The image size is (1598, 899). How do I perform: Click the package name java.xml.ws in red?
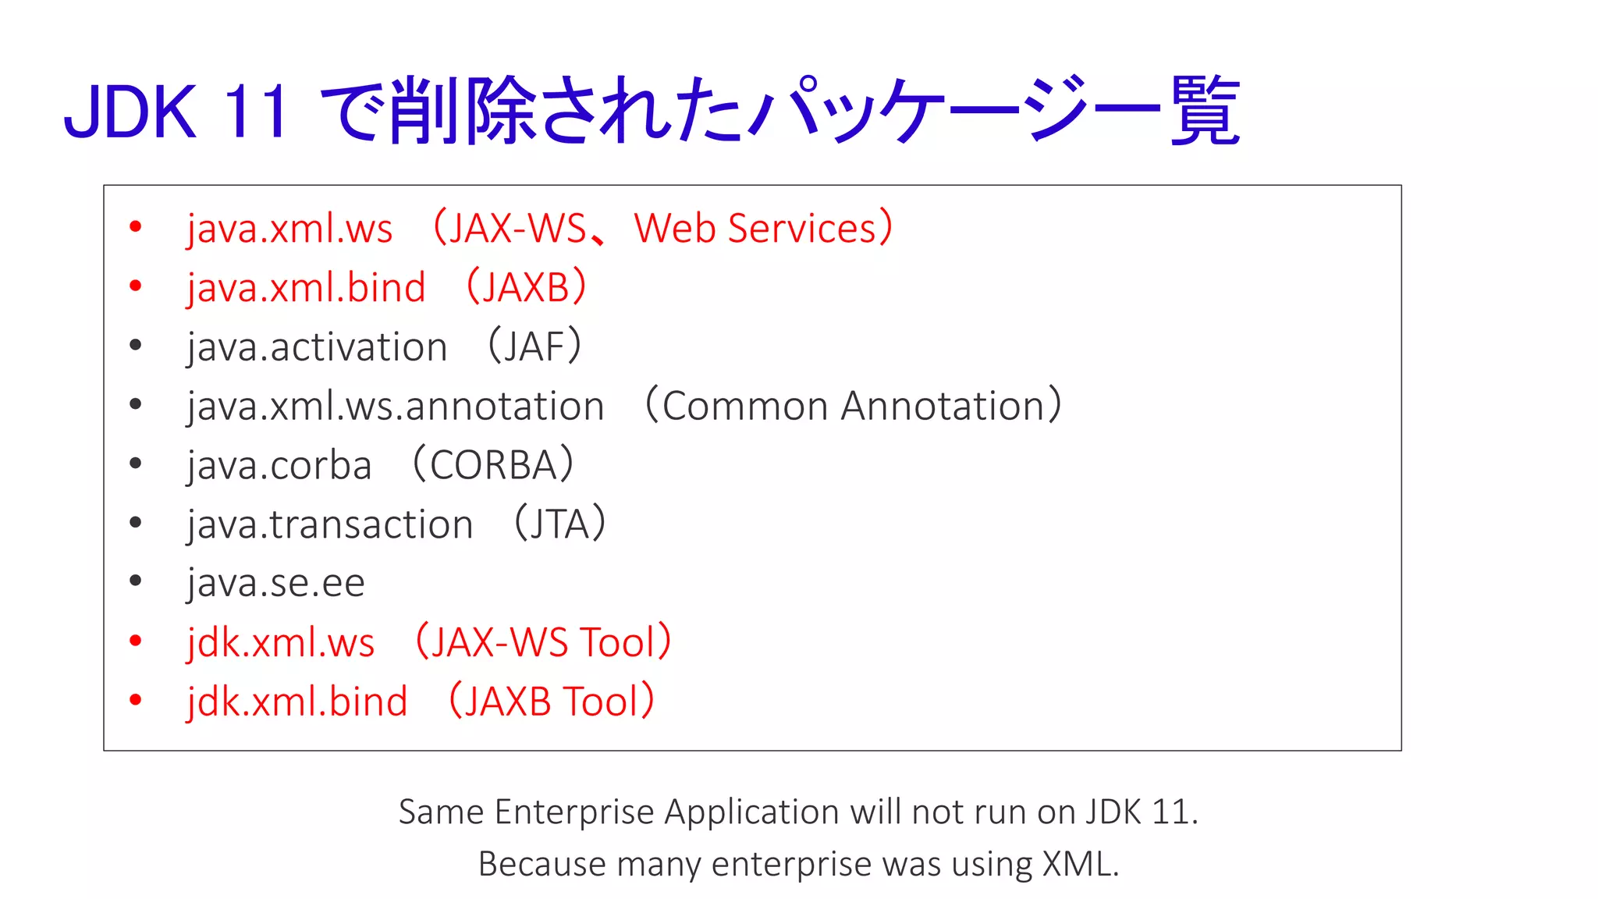click(x=289, y=229)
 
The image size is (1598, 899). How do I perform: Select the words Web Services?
click(x=755, y=229)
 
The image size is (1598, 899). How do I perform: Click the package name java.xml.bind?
click(x=306, y=288)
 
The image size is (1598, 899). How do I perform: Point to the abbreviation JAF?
click(x=534, y=346)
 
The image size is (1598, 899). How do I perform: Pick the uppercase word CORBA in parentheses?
click(x=492, y=465)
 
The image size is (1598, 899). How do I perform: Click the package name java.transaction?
click(x=330, y=524)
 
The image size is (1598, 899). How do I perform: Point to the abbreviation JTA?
click(x=559, y=524)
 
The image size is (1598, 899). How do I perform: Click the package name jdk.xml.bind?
click(x=297, y=702)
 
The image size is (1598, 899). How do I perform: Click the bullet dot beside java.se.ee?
click(x=136, y=581)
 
